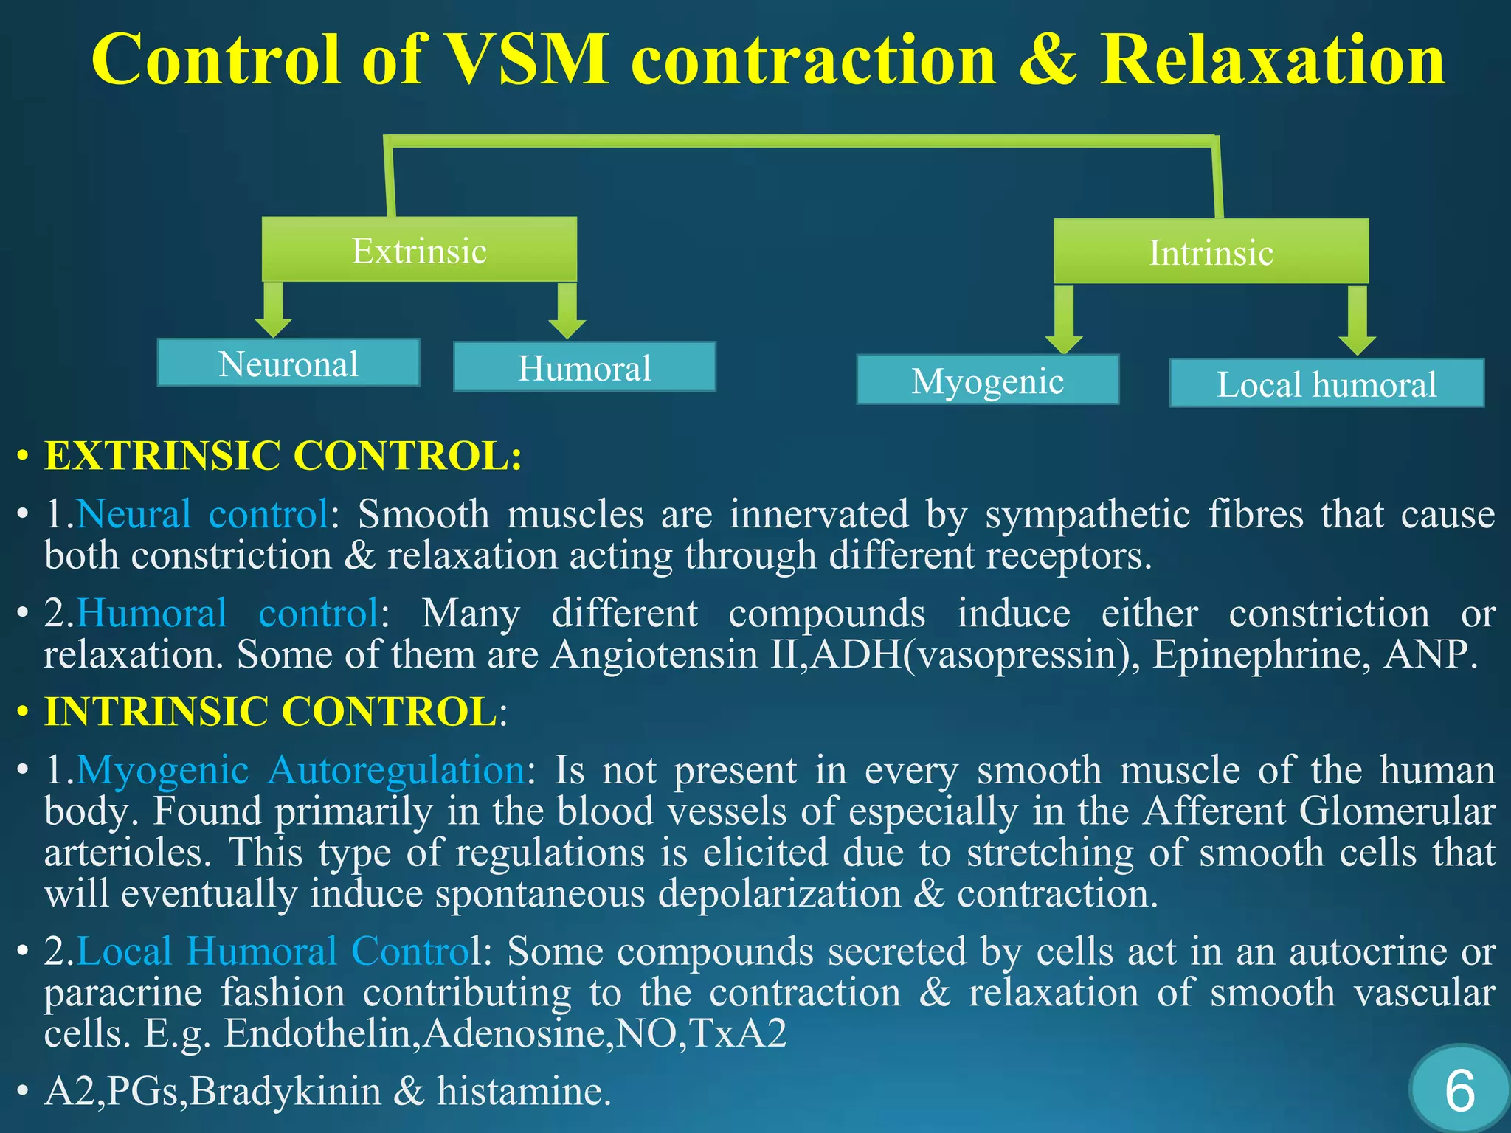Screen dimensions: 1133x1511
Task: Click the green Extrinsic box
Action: click(419, 250)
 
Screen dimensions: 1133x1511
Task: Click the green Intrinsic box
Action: click(1211, 252)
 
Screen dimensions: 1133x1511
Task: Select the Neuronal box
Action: click(288, 364)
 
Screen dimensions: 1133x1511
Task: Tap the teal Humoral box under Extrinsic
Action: click(584, 367)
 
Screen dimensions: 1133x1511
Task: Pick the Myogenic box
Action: click(987, 381)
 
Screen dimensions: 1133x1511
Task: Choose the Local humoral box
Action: click(1326, 384)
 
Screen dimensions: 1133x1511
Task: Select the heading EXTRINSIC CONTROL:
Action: click(283, 455)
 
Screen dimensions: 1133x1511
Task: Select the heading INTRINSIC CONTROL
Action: click(271, 712)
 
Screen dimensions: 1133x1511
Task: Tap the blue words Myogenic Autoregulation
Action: click(301, 770)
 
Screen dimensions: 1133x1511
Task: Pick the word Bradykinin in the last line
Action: click(286, 1091)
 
